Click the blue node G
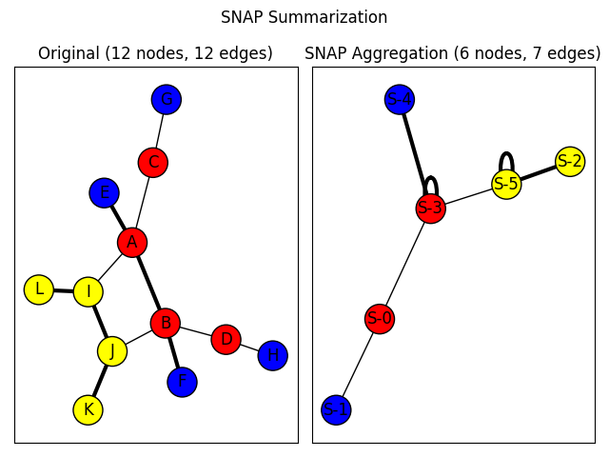pyautogui.click(x=166, y=99)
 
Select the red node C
pyautogui.click(x=152, y=163)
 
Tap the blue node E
pyautogui.click(x=104, y=192)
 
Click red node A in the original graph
pyautogui.click(x=132, y=242)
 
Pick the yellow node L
pyautogui.click(x=38, y=289)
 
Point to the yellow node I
pyautogui.click(x=88, y=292)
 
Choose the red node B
pyautogui.click(x=166, y=323)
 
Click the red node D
pyautogui.click(x=226, y=339)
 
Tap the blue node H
pyautogui.click(x=272, y=355)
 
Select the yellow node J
pyautogui.click(x=112, y=351)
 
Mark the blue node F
pyautogui.click(x=182, y=382)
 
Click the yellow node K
pyautogui.click(x=88, y=409)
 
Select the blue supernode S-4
pyautogui.click(x=400, y=99)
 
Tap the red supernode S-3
pyautogui.click(x=430, y=209)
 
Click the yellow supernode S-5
pyautogui.click(x=506, y=184)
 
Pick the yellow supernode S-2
pyautogui.click(x=570, y=161)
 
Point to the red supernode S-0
pyautogui.click(x=380, y=318)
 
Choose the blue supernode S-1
pyautogui.click(x=335, y=409)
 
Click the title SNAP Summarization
pyautogui.click(x=304, y=17)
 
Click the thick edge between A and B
pyautogui.click(x=148, y=282)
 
